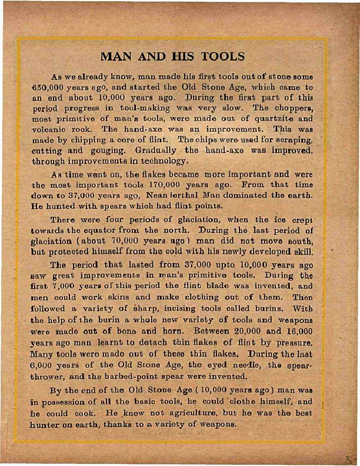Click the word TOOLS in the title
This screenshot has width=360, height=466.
[x=222, y=57]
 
